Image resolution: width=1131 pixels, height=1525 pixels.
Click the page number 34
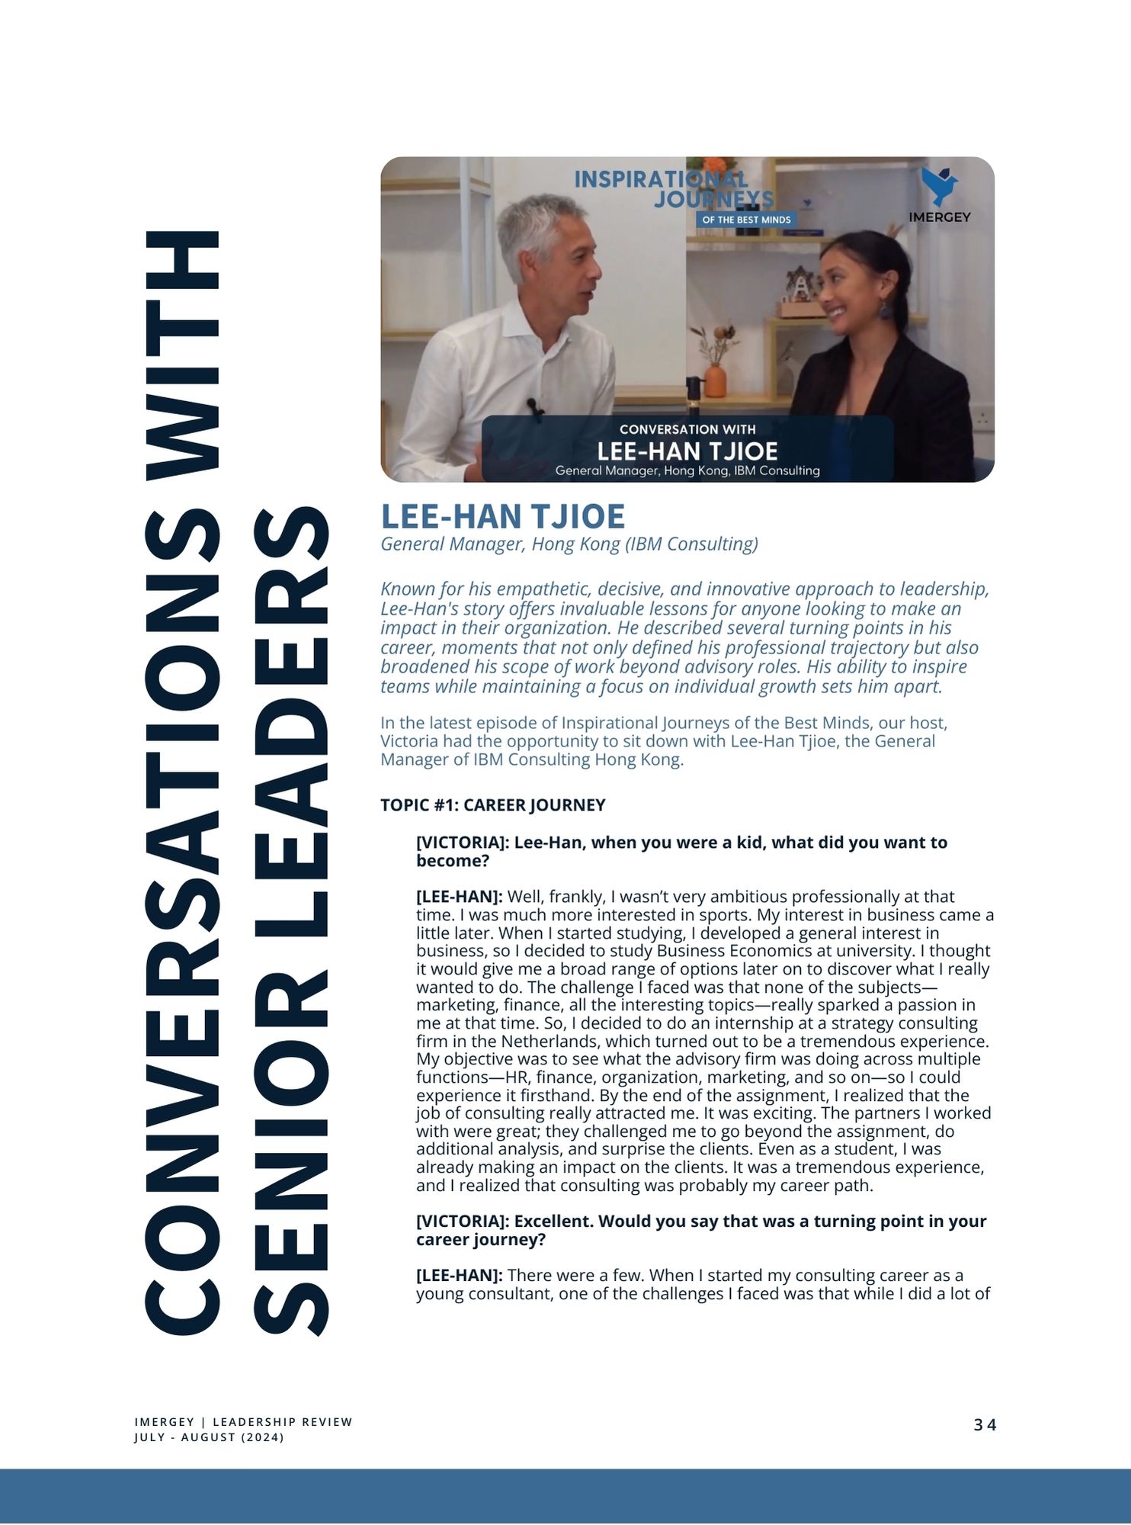[x=985, y=1424]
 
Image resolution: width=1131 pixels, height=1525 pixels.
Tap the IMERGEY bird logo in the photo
[x=938, y=187]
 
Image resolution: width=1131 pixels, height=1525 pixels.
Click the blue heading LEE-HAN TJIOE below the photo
[x=502, y=516]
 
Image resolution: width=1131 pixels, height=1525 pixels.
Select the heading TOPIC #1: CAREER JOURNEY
[x=492, y=805]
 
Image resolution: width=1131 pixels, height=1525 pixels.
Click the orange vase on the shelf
[x=715, y=379]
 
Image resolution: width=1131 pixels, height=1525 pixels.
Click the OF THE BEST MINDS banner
[x=746, y=220]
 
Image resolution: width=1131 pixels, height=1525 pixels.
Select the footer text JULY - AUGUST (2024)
[x=209, y=1437]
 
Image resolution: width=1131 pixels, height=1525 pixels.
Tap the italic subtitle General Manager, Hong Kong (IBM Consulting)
[x=569, y=544]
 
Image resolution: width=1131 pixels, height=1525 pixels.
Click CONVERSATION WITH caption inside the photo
[x=687, y=429]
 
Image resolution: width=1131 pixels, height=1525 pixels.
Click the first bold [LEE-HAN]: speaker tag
[x=459, y=897]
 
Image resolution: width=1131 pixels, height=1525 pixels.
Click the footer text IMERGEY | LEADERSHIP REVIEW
[x=243, y=1421]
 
